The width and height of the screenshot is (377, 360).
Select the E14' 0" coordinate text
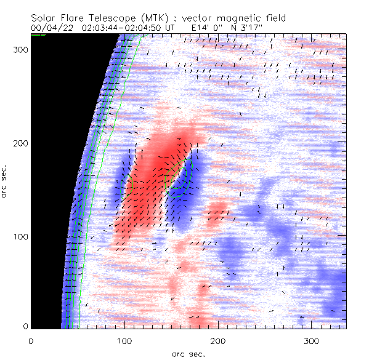tap(207, 28)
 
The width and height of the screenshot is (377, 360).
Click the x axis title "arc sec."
tap(188, 353)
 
